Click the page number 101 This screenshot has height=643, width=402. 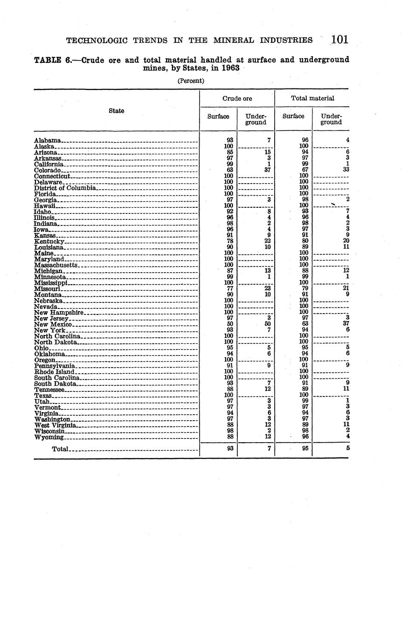340,40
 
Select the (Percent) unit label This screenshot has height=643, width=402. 191,81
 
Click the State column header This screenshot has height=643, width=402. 117,111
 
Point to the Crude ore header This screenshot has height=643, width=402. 237,98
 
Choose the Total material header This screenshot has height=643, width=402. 312,98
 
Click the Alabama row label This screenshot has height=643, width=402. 48,140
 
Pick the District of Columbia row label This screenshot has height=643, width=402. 65,188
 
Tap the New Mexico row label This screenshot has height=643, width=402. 53,324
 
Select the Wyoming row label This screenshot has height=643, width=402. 49,437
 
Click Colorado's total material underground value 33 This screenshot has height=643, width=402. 346,170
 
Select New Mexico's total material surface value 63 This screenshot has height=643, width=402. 305,324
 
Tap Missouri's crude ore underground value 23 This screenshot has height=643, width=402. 268,288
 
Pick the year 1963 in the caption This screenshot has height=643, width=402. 230,68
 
